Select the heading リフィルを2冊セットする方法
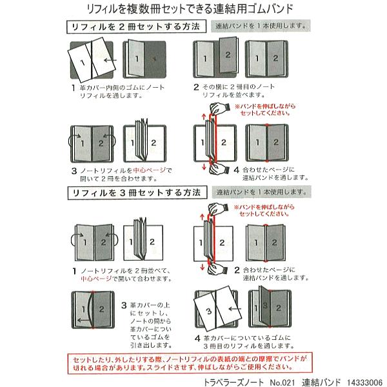point(137,28)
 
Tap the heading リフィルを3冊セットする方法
point(137,193)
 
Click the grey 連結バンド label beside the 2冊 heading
point(261,27)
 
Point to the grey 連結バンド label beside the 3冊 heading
point(261,192)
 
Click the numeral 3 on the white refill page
point(207,312)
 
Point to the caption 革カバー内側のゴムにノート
point(122,88)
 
